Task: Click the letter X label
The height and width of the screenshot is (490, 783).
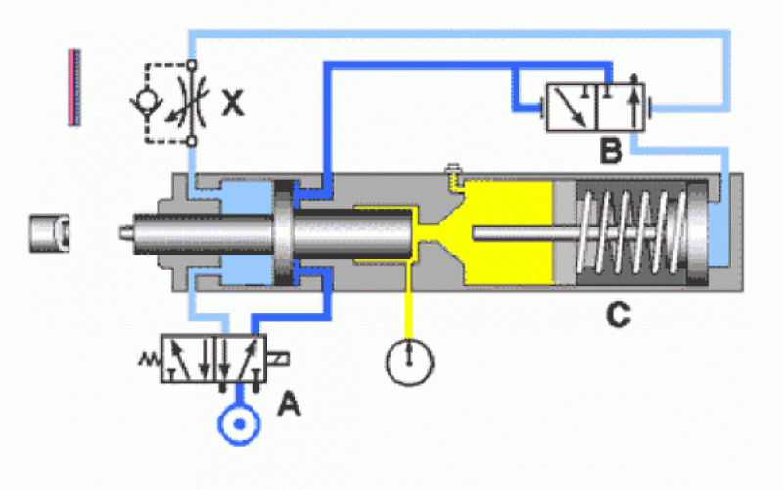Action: coord(232,102)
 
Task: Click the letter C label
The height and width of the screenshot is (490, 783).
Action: coord(618,316)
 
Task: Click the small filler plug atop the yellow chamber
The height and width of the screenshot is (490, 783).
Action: coord(452,173)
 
